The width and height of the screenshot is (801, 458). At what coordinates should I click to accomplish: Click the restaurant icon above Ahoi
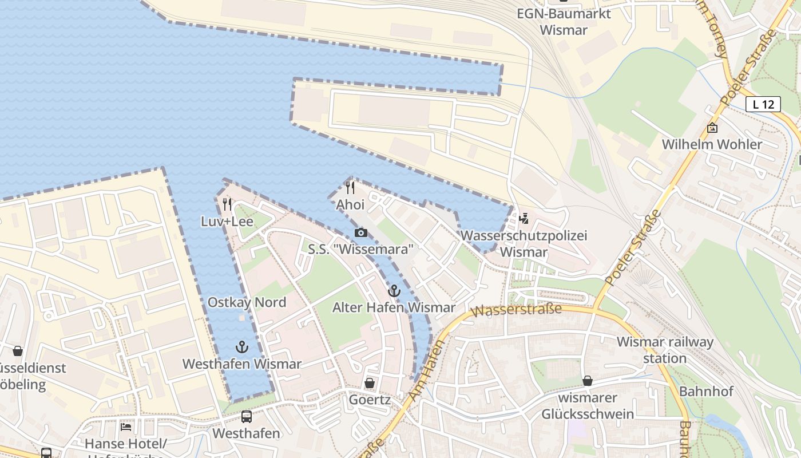pyautogui.click(x=350, y=188)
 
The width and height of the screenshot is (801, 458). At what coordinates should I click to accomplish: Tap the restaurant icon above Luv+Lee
pyautogui.click(x=227, y=204)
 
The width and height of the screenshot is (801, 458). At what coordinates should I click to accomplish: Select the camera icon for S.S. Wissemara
pyautogui.click(x=360, y=232)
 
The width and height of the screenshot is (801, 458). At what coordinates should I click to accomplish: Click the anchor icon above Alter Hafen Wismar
pyautogui.click(x=394, y=291)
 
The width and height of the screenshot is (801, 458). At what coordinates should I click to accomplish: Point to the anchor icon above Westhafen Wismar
pyautogui.click(x=242, y=347)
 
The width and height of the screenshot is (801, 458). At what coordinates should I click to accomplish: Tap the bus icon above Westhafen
pyautogui.click(x=247, y=417)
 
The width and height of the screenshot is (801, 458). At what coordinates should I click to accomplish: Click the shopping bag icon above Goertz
pyautogui.click(x=370, y=383)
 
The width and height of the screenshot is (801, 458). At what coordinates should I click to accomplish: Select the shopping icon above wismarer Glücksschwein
pyautogui.click(x=588, y=381)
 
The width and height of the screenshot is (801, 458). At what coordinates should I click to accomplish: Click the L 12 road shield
pyautogui.click(x=763, y=104)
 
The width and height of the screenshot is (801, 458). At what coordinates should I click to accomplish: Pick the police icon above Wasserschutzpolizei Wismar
pyautogui.click(x=523, y=218)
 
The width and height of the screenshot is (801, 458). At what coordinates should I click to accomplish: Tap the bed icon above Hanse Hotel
pyautogui.click(x=126, y=427)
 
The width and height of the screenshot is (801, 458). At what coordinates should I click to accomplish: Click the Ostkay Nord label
pyautogui.click(x=247, y=302)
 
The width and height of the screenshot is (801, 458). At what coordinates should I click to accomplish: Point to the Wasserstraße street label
pyautogui.click(x=518, y=310)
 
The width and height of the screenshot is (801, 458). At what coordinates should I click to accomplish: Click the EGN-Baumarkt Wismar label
pyautogui.click(x=564, y=22)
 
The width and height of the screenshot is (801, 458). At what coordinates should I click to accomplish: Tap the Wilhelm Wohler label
pyautogui.click(x=712, y=144)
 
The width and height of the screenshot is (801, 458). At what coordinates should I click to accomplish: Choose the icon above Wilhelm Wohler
pyautogui.click(x=712, y=128)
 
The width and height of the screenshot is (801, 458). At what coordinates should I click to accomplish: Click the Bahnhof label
pyautogui.click(x=706, y=392)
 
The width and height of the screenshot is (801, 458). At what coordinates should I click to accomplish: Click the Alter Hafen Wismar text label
pyautogui.click(x=394, y=307)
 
